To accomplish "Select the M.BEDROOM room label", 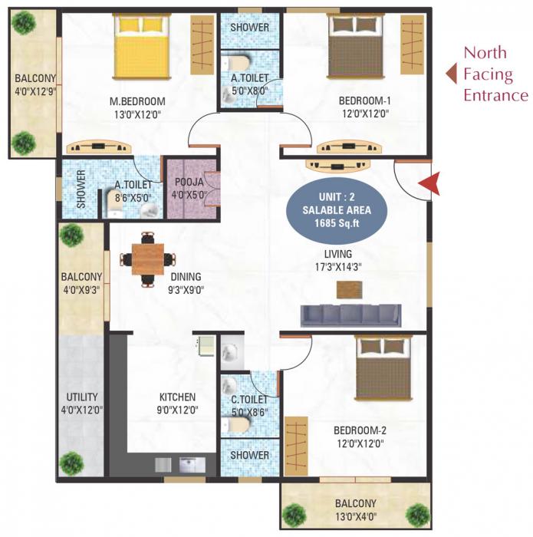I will click(x=137, y=102).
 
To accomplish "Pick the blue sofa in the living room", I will click(x=350, y=315).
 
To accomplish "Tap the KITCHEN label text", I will click(x=177, y=397).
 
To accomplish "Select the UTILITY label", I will click(x=81, y=397).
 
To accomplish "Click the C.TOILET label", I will click(x=249, y=399).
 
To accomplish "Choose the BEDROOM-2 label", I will click(x=359, y=430).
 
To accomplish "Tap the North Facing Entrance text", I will click(x=495, y=74).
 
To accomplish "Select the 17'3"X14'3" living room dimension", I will click(x=338, y=268).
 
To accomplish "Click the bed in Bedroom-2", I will click(x=384, y=368).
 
